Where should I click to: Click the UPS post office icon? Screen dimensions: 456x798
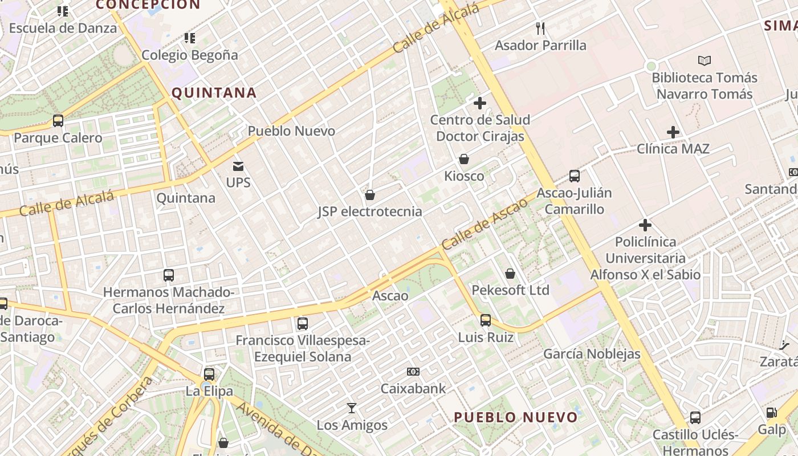coord(238,166)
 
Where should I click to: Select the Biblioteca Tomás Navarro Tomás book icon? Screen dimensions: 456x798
coord(705,60)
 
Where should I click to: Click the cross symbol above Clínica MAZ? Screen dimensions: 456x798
coord(673,132)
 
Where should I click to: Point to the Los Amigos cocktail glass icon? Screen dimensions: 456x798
coord(352,408)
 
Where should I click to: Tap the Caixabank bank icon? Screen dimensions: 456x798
coord(413,372)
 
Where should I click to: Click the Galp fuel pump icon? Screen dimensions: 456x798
coord(772,413)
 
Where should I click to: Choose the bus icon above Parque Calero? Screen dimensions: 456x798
coord(58,121)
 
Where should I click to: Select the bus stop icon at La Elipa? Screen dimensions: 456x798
coord(209,374)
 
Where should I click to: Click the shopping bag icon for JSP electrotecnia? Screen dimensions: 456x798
coord(370,195)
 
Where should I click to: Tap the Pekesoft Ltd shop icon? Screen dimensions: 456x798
coord(510,274)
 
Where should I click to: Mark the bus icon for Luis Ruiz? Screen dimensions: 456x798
coord(486,320)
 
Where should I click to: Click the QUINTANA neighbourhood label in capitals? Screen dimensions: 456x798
coord(214,93)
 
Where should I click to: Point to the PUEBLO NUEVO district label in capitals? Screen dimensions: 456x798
coord(516,417)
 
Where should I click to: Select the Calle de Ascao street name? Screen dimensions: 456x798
coord(484,224)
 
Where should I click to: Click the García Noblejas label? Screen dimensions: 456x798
coord(592,354)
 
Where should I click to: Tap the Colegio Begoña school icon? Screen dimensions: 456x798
coord(190,38)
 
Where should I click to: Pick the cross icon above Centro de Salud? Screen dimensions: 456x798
coord(480,103)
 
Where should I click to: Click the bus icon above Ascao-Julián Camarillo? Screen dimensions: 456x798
coord(575,176)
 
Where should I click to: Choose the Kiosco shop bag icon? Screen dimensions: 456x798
coord(464,159)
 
